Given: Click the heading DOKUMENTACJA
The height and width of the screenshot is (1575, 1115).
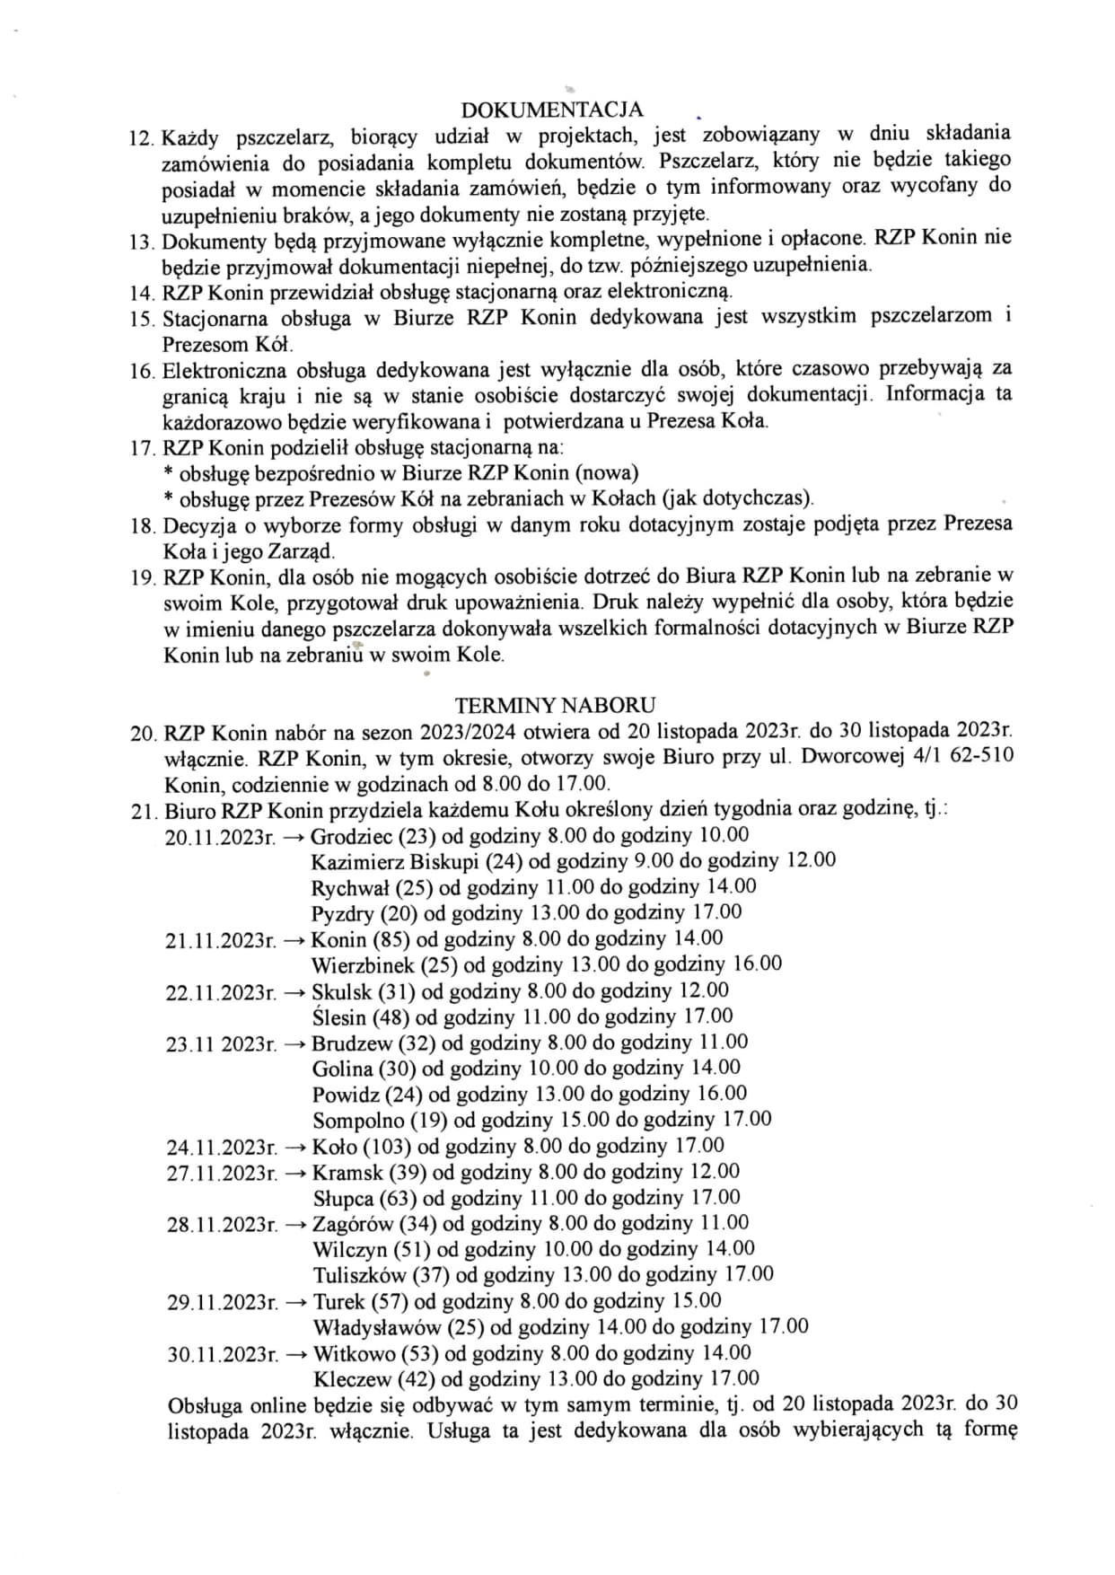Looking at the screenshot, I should (x=552, y=110).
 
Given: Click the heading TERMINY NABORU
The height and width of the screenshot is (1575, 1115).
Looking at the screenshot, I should (x=555, y=705).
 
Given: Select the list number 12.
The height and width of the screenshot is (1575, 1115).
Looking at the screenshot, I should (x=142, y=137).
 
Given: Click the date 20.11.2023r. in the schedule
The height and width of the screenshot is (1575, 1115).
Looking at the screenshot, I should (x=220, y=837).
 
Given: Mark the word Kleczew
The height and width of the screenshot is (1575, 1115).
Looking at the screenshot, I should (x=352, y=1379).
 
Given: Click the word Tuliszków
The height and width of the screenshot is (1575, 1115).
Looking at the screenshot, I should (x=363, y=1275).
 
